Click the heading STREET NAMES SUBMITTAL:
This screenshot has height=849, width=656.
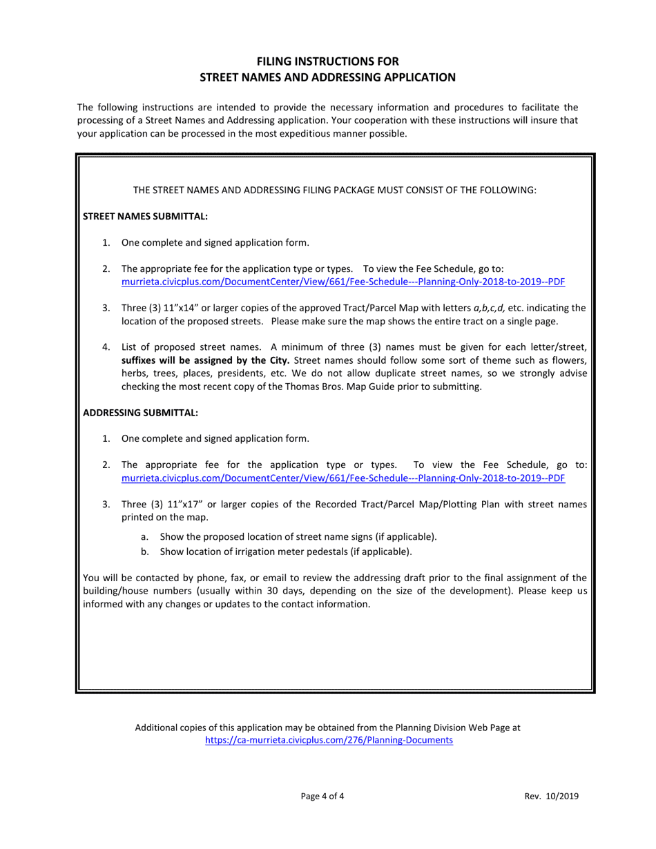(145, 217)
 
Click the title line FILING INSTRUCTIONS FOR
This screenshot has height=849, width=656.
(328, 61)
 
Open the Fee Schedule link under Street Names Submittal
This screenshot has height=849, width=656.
(343, 282)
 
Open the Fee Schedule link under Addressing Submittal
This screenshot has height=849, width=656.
(343, 478)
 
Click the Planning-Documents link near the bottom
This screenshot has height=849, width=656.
(329, 740)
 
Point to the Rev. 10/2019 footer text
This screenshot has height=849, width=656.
(551, 797)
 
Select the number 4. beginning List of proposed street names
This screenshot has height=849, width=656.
(106, 347)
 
